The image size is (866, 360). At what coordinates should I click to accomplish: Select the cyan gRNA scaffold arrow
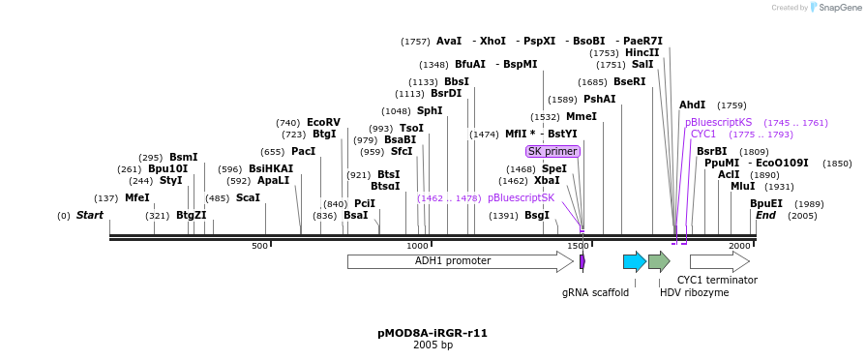pos(634,261)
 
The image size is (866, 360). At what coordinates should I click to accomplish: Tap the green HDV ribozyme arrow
pos(659,261)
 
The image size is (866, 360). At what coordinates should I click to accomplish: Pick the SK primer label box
pos(552,151)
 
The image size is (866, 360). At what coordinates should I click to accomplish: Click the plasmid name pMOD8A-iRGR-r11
pos(433,333)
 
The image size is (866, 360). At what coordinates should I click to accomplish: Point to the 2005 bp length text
pos(433,345)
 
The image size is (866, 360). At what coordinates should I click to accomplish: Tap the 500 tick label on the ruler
pos(259,247)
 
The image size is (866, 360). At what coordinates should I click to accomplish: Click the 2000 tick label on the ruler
pos(739,247)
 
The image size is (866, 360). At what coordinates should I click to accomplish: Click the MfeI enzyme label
pos(137,197)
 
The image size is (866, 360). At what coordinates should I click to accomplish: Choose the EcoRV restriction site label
pos(323,122)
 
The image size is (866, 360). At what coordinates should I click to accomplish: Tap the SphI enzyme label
pos(430,110)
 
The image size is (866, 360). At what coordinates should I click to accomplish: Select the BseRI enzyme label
pos(629,81)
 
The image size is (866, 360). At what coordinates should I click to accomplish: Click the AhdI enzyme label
pos(693,105)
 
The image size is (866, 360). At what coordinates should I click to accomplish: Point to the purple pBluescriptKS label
pos(718,122)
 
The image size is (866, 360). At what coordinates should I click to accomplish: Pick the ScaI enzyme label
pos(248,197)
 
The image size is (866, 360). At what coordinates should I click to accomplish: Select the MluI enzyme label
pos(743,186)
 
